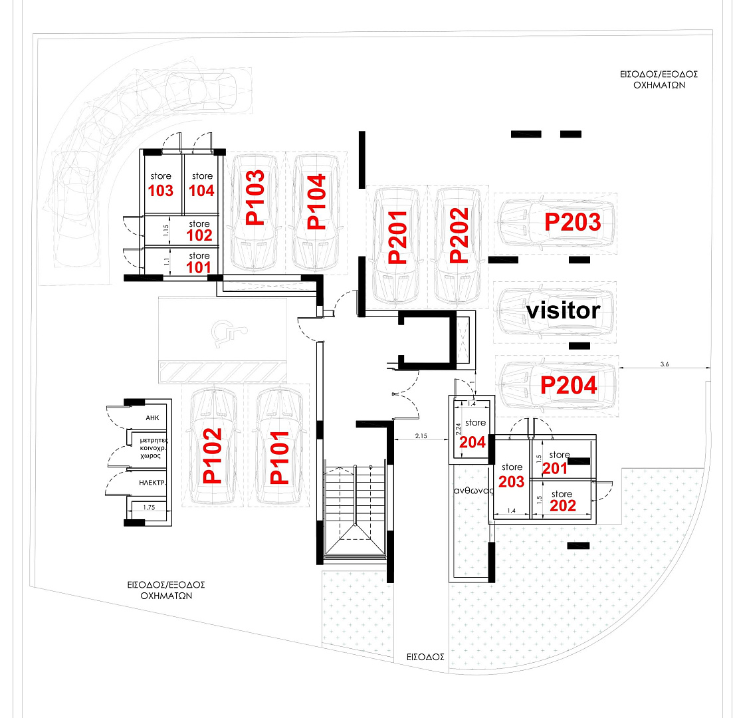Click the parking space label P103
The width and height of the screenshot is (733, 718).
pos(255,197)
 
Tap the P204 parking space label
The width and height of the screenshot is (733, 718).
pos(568,386)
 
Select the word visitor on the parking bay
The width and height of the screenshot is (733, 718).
pos(564,310)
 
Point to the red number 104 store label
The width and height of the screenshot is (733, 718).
pos(201,191)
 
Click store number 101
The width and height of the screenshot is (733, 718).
pos(199,267)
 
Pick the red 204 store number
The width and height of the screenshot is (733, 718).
pos(472,442)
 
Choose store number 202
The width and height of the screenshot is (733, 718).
pos(562,506)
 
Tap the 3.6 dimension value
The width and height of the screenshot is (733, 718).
pos(665,364)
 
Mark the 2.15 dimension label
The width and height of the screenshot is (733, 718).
pos(421,436)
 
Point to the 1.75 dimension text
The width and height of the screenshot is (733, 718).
pos(149,507)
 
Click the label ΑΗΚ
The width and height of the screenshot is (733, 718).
pos(152,418)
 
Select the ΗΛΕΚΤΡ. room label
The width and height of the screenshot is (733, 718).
pos(152,483)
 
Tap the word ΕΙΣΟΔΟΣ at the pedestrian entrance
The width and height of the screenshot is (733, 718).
pos(425,657)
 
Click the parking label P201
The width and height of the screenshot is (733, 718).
pos(398,237)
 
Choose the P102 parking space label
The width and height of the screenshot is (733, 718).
pos(212,456)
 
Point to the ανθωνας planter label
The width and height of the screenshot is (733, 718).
pos(474,491)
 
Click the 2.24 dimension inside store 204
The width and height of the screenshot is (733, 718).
pos(458,429)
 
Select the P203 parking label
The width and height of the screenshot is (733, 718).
pos(573,222)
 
